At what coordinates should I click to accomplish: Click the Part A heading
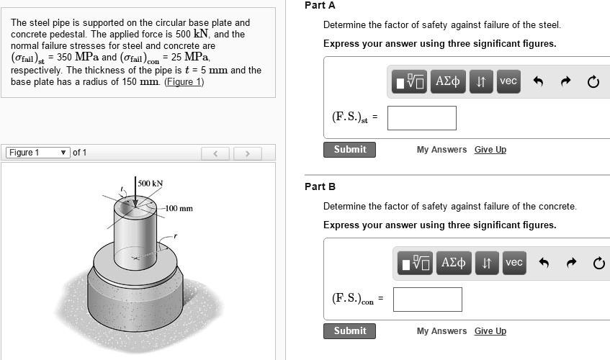click(320, 6)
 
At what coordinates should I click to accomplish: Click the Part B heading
click(320, 187)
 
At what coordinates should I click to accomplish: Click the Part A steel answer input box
click(421, 118)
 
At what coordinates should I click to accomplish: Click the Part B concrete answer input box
click(427, 300)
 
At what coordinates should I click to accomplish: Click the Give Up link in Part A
click(490, 150)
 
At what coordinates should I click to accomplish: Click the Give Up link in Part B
click(490, 331)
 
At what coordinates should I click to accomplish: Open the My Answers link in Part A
click(441, 150)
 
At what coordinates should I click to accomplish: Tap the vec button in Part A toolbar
click(508, 81)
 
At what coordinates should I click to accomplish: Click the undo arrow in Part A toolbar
click(537, 81)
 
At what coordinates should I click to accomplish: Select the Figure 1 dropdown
click(37, 153)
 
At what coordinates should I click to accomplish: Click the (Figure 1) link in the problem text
click(184, 81)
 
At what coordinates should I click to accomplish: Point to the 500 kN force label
click(151, 184)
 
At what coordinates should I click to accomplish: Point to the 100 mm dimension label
click(178, 209)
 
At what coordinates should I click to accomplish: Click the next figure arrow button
click(247, 153)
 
